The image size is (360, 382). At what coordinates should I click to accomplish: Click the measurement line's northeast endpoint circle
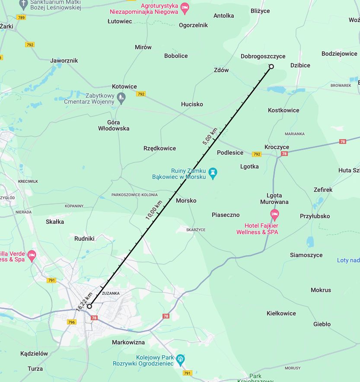point(271,66)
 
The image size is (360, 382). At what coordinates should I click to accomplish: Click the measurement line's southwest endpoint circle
point(89,306)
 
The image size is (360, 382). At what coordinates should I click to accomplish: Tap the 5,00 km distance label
point(209,136)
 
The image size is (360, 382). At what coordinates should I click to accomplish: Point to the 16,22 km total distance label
point(84,302)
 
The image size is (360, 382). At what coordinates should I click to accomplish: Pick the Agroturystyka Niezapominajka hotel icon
point(185,7)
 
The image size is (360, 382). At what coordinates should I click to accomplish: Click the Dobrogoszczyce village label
point(263,57)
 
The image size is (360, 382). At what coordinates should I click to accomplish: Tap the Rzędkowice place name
point(159,148)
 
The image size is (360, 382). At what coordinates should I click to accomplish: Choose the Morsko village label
point(186,201)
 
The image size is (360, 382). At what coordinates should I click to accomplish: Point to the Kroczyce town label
point(277,147)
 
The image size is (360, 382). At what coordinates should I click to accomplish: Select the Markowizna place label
point(128,342)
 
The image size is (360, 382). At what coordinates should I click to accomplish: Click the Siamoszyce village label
point(306,255)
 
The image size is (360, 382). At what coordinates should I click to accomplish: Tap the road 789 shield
point(21,17)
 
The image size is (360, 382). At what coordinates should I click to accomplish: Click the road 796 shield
point(71,322)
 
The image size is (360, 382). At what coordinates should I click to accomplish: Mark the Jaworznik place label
point(64,60)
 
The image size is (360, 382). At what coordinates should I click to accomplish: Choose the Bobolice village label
point(176,56)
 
